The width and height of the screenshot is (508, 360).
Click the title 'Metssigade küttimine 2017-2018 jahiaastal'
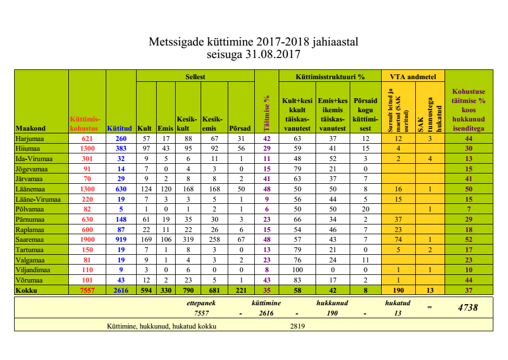coord(254,42)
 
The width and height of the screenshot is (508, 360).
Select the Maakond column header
coord(31,128)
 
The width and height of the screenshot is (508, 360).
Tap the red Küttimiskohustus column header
coord(84,124)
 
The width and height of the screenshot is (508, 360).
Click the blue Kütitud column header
coord(120,128)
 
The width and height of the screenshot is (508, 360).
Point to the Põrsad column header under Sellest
coord(240,128)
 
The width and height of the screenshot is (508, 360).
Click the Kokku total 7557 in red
coord(87,290)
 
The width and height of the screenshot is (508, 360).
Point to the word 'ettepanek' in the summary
coord(201,303)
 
